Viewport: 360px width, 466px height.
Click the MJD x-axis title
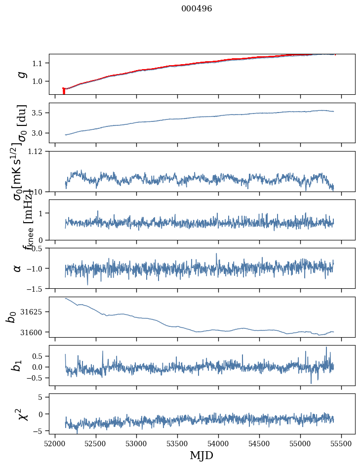click(201, 455)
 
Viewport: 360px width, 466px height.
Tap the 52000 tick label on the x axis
click(55, 443)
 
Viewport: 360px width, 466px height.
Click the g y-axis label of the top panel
click(22, 74)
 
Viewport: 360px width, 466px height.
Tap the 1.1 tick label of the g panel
click(38, 63)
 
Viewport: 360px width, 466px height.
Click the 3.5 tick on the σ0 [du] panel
click(38, 113)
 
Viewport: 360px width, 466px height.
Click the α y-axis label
click(18, 268)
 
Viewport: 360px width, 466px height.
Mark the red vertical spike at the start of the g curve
click(64, 91)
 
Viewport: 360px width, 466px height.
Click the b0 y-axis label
click(11, 317)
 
